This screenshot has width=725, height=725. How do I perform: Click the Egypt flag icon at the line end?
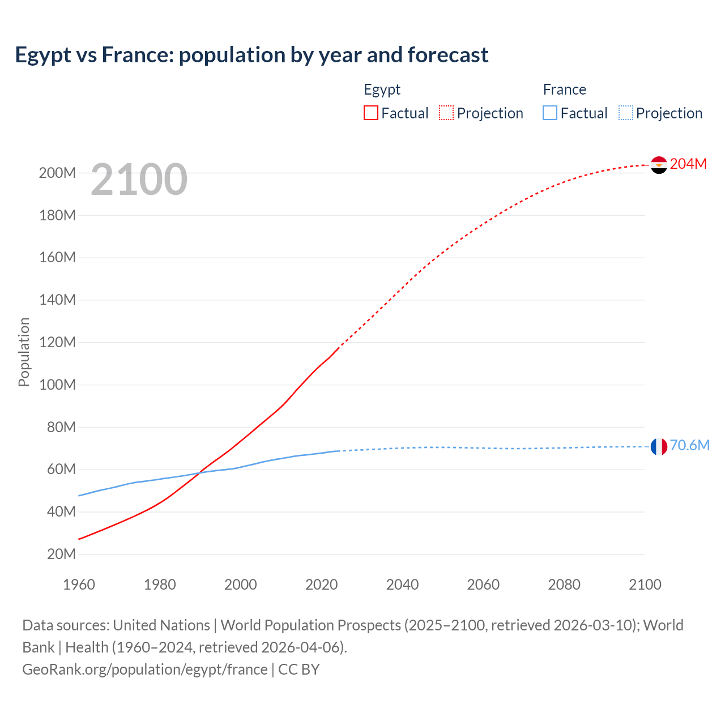[659, 165]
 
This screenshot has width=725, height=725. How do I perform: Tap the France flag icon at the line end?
[659, 446]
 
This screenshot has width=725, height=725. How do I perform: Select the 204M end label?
[688, 164]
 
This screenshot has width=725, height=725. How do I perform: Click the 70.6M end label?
[689, 445]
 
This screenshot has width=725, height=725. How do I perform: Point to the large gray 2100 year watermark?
[139, 180]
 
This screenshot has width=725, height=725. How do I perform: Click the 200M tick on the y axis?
[57, 173]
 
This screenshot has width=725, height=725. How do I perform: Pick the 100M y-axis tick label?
[57, 385]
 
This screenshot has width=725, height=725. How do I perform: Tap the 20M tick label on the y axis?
[61, 554]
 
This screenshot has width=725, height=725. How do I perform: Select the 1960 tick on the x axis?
[79, 585]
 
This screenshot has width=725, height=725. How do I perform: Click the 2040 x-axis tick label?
[402, 585]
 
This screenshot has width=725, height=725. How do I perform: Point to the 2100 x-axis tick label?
[645, 585]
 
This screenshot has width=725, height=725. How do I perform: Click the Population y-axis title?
[24, 352]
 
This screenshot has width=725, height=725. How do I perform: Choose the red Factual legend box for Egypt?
[370, 113]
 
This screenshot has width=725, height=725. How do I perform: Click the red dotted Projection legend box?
[446, 113]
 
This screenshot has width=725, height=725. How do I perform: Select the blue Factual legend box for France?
[550, 113]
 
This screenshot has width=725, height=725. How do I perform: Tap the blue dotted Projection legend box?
[625, 113]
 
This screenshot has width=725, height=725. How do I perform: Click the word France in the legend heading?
[564, 89]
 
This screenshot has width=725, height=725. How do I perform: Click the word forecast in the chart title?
[447, 55]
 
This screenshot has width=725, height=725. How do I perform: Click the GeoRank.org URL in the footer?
[144, 669]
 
